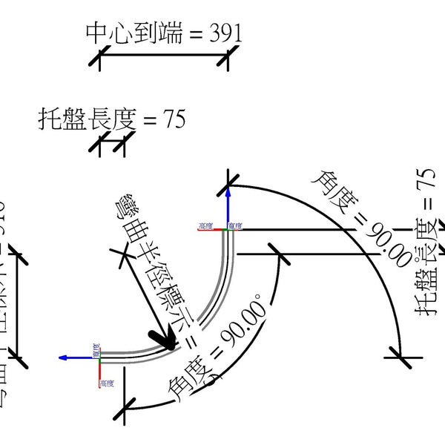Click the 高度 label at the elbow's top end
click(205, 225)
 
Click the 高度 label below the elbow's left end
click(107, 383)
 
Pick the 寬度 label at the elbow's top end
click(235, 225)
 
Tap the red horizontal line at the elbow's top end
click(211, 230)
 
